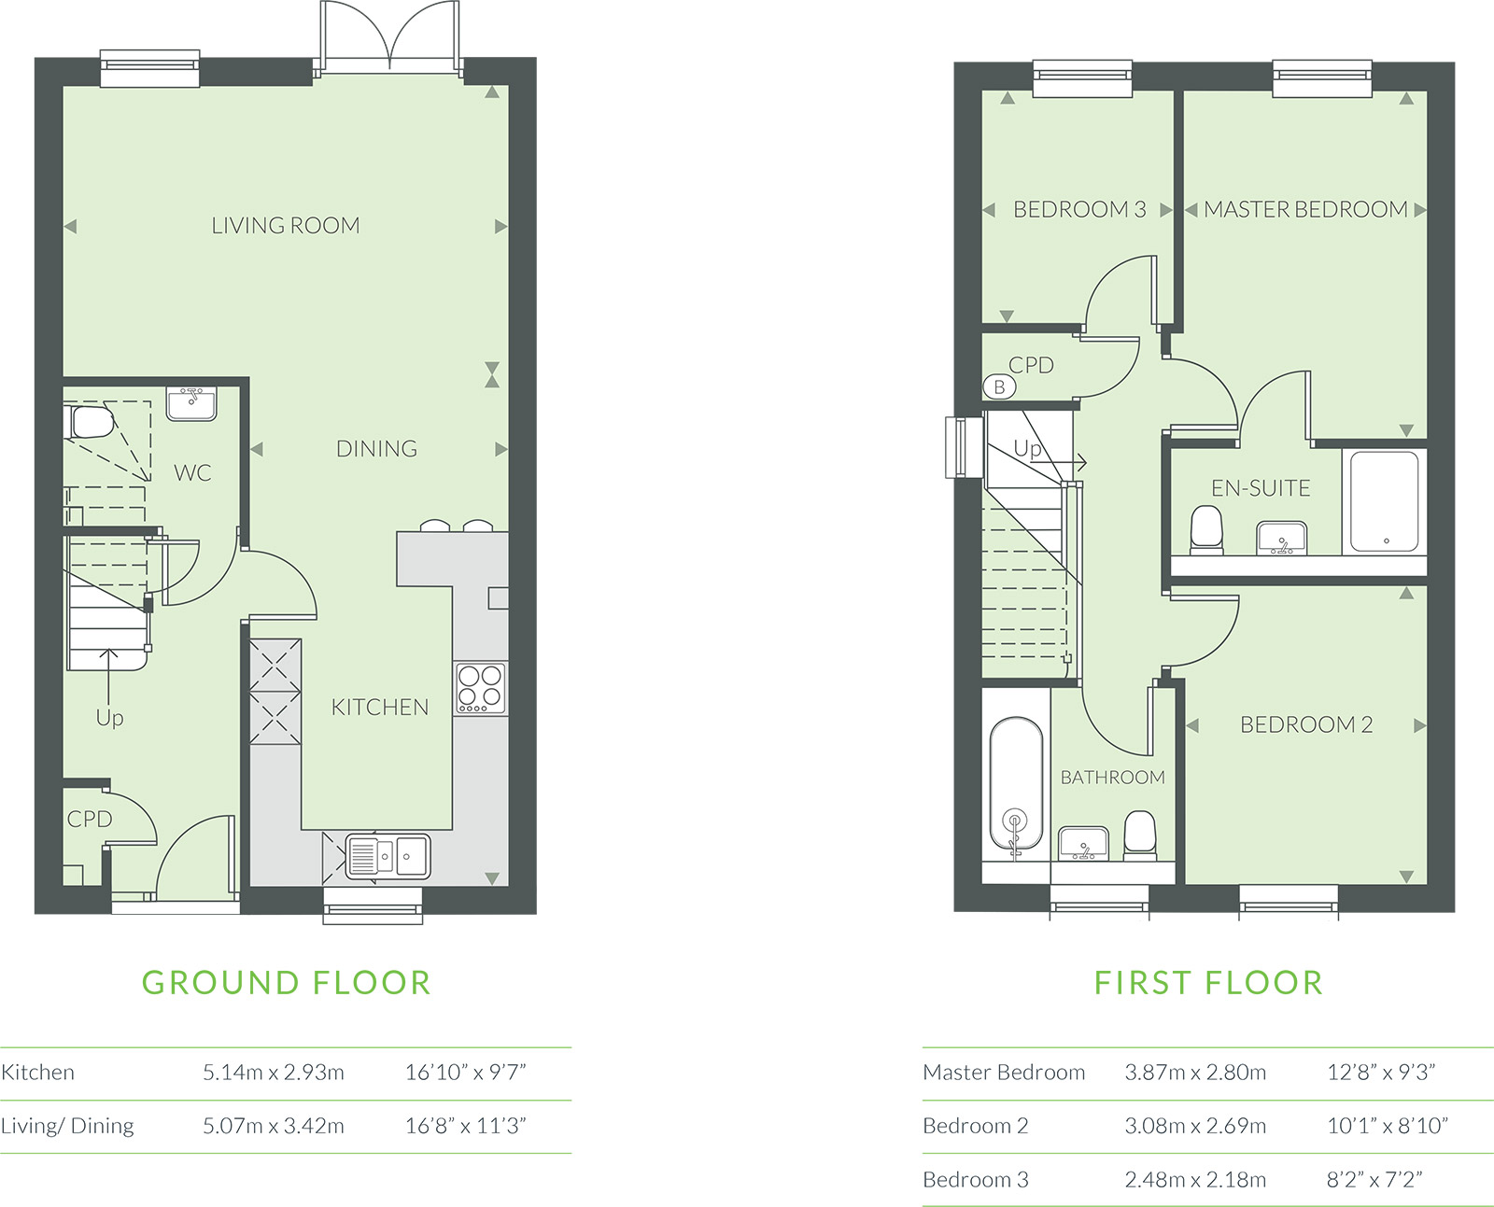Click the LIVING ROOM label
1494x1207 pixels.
tap(286, 225)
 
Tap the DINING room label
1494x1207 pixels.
tap(376, 448)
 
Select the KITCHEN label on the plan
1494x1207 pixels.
tap(379, 707)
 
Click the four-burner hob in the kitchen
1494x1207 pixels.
tap(481, 688)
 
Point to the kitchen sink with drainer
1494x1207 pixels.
tap(388, 856)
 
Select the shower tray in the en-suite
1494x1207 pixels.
tap(1385, 500)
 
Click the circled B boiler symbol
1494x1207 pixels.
tap(999, 386)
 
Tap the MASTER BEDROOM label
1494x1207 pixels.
tap(1306, 209)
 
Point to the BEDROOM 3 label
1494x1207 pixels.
tap(1079, 209)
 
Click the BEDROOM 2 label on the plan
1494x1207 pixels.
tap(1306, 724)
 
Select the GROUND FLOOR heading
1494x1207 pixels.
tap(286, 983)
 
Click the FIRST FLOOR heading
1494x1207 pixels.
tap(1208, 983)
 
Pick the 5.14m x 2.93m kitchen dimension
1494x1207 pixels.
tap(274, 1073)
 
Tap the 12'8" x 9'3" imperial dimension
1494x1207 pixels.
tap(1381, 1073)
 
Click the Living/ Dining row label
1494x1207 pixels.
tap(67, 1126)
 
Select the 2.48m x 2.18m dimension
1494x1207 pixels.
tap(1195, 1180)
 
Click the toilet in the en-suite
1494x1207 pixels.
tap(1206, 529)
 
